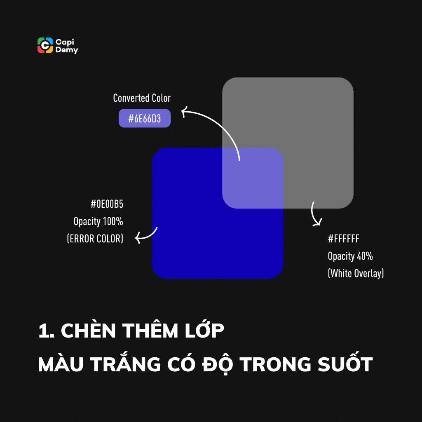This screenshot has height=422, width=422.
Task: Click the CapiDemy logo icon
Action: [x=45, y=45]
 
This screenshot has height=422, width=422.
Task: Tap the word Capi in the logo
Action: [x=64, y=42]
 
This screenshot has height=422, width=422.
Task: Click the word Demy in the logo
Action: [x=66, y=50]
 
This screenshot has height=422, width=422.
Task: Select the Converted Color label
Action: [x=142, y=98]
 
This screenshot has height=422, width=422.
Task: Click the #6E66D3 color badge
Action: [x=144, y=119]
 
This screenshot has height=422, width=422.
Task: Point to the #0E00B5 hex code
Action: [x=107, y=204]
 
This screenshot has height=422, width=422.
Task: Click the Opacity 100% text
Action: [x=98, y=221]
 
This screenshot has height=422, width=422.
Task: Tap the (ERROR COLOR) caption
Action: [x=95, y=239]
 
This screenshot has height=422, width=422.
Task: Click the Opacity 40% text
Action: [x=350, y=256]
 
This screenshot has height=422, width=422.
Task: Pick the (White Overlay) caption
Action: [x=356, y=273]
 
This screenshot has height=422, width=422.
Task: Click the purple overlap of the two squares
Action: [x=252, y=177]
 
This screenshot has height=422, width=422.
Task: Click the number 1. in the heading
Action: [x=46, y=332]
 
